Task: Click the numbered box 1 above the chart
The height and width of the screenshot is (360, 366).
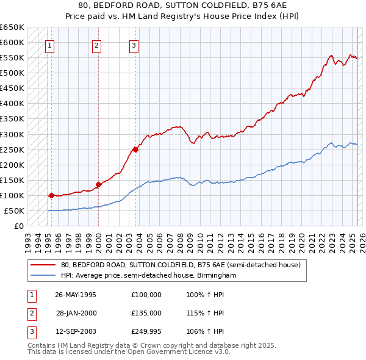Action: pyautogui.click(x=49, y=45)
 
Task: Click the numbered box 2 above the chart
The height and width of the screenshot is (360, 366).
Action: pyautogui.click(x=97, y=45)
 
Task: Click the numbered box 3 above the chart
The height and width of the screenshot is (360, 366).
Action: pyautogui.click(x=134, y=45)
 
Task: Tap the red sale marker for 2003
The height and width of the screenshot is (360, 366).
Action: pyautogui.click(x=136, y=149)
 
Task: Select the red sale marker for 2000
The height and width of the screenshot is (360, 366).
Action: pyautogui.click(x=98, y=184)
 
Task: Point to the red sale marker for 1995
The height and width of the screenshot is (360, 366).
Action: pyautogui.click(x=51, y=195)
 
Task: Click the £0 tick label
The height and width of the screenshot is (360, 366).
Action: pyautogui.click(x=18, y=226)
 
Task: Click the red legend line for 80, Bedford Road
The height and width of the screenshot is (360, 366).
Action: pyautogui.click(x=43, y=265)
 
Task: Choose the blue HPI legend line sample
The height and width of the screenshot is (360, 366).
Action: pyautogui.click(x=43, y=276)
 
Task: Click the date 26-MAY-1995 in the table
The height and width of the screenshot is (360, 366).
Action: pyautogui.click(x=76, y=294)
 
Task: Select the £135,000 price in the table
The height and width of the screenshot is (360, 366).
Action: pyautogui.click(x=146, y=313)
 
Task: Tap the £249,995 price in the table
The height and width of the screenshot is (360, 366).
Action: pyautogui.click(x=146, y=332)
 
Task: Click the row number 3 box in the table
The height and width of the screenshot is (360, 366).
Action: pyautogui.click(x=30, y=332)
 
